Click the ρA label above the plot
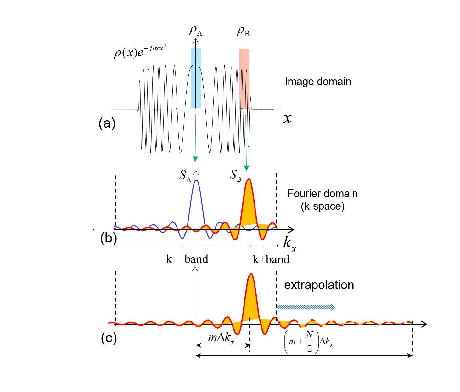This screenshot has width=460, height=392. pos(195,31)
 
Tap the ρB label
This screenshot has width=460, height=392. pos(243,31)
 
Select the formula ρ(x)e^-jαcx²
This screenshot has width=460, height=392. pos(140,52)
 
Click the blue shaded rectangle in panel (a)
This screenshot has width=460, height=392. pos(196,79)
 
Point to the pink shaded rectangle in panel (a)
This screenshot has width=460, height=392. pos(244,79)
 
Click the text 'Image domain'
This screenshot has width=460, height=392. pos(318,82)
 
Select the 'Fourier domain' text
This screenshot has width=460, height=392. pos(323,193)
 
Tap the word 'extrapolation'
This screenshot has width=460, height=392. pos(319,285)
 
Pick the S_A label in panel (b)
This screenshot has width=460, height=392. pos(185,175)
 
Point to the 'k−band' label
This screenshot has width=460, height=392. pos(187,259)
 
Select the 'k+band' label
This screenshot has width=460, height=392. pos(271,259)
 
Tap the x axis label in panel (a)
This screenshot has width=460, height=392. pos(287,118)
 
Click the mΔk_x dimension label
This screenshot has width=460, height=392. pos(221,338)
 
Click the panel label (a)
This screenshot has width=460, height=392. pos(107,123)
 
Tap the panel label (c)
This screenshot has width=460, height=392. pos(109,338)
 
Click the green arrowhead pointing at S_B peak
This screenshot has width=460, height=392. pos(247,168)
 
